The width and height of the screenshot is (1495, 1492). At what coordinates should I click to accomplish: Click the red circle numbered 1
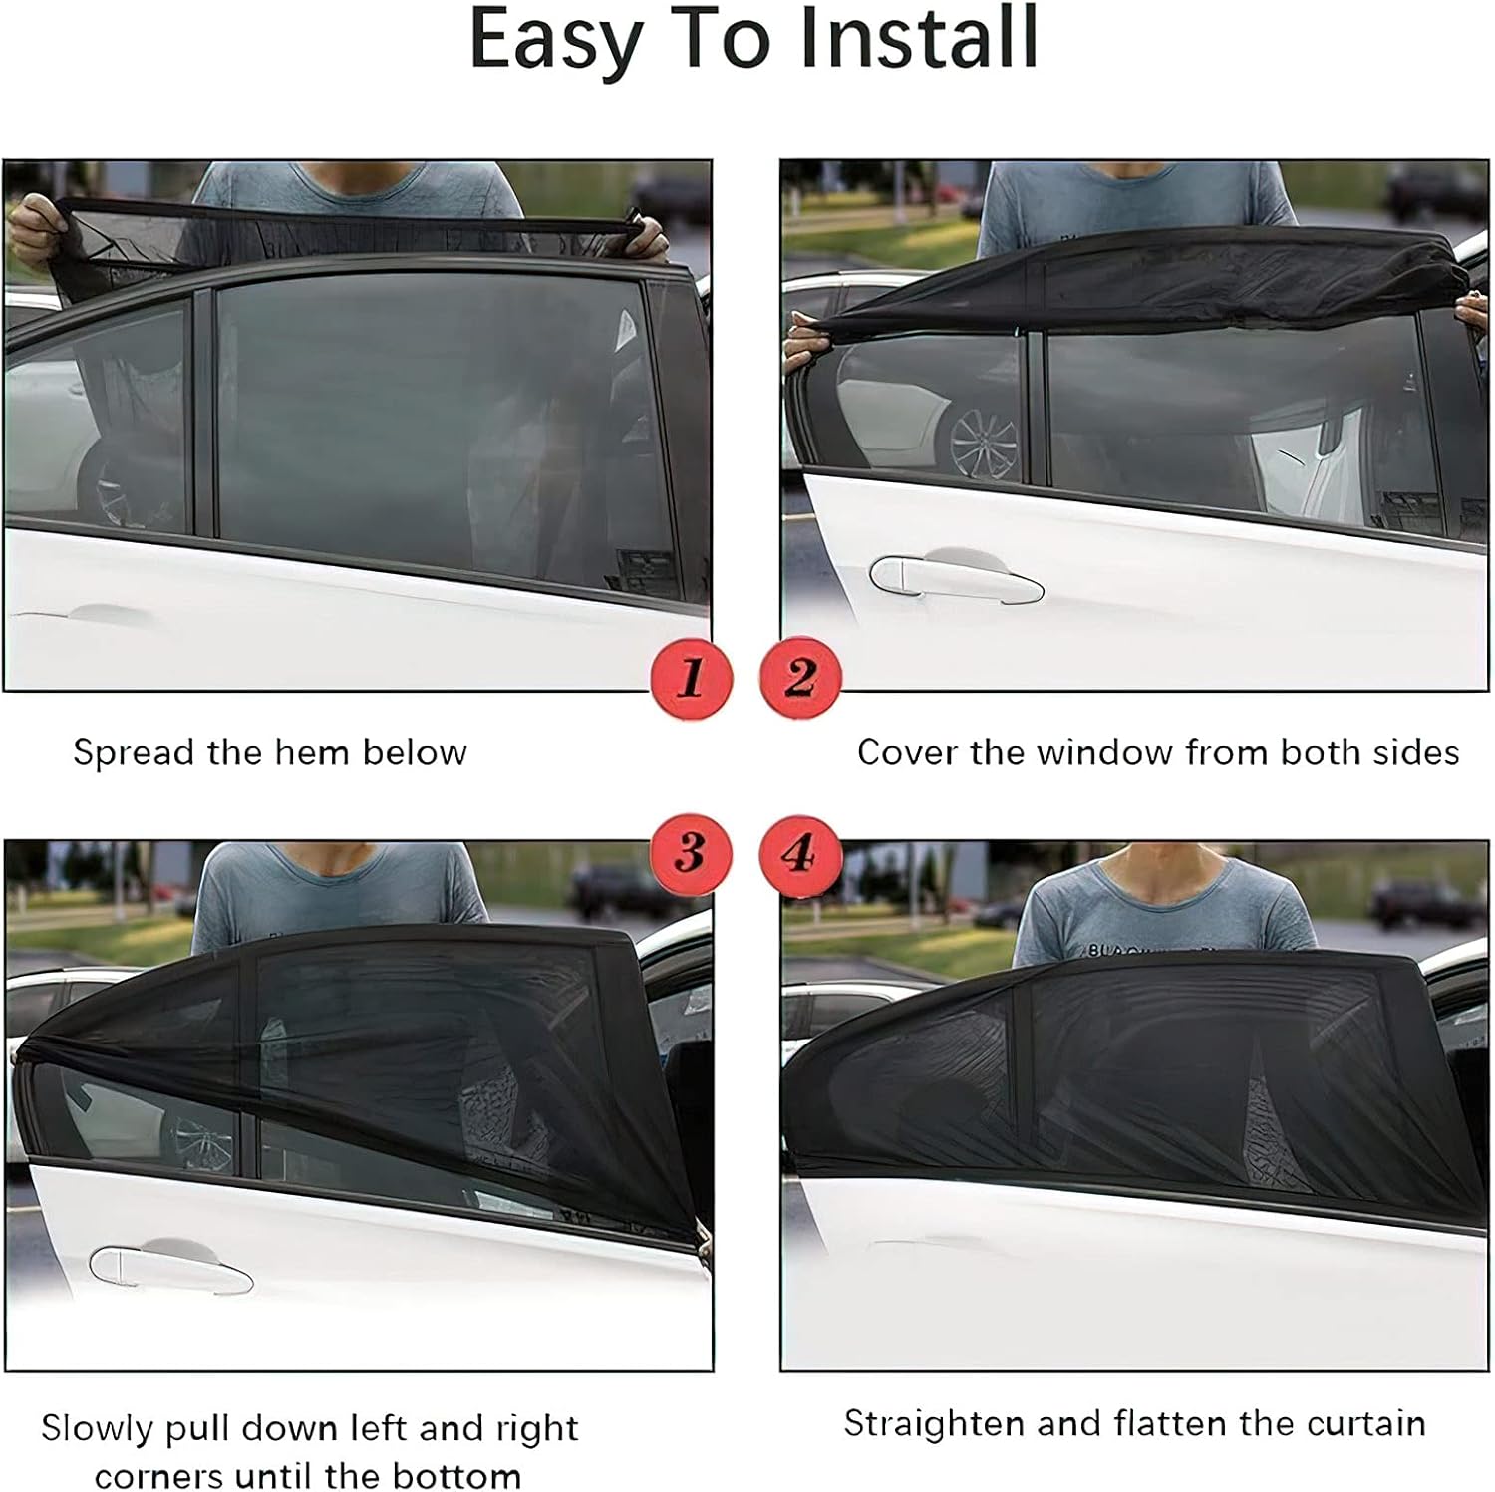pos(691,678)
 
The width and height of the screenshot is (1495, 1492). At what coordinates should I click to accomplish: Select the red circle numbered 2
pos(800,678)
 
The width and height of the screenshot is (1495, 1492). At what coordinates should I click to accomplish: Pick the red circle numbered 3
pos(691,854)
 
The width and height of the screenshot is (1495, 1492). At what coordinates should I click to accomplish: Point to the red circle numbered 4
pos(800,854)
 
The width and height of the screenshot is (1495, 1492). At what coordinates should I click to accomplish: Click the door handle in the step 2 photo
pos(955,578)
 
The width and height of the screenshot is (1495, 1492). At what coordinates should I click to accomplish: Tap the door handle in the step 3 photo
pos(169,1268)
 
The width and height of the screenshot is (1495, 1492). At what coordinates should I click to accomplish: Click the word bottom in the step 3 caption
pos(457,1475)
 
